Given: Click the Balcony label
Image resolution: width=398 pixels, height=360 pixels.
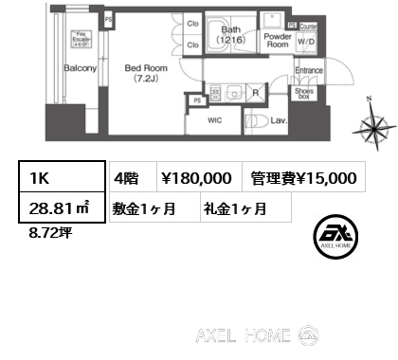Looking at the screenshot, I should click(x=81, y=69).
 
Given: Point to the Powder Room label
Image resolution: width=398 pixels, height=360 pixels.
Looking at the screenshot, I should click(x=278, y=40).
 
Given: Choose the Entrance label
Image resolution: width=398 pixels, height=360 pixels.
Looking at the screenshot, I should click(x=310, y=70).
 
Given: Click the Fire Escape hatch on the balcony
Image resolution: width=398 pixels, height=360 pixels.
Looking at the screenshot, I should click(x=81, y=39).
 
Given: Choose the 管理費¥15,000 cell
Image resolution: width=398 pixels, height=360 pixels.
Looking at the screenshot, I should click(x=304, y=177).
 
